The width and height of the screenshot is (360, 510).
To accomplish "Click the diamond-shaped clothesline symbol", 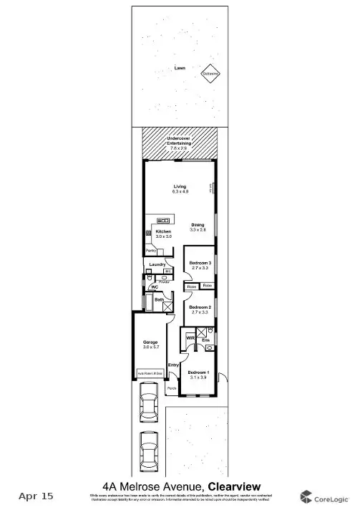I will coord(210,74).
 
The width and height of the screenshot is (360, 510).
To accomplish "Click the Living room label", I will coord(179,187).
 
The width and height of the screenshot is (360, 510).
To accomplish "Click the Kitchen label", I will coord(164,232).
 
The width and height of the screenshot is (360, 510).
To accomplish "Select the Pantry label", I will coord(151,250).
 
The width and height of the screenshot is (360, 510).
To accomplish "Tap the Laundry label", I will coord(157,264).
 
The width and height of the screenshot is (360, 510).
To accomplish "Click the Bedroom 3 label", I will coord(200,263).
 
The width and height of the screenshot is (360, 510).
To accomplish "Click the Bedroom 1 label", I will coord(198,372).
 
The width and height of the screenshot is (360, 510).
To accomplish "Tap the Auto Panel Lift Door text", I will coord(150,374).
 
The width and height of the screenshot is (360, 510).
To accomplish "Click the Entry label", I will coord(172,365).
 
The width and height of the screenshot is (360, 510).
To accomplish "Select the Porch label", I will coord(172,389).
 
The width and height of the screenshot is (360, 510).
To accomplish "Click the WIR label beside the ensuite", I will coord(191,337).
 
